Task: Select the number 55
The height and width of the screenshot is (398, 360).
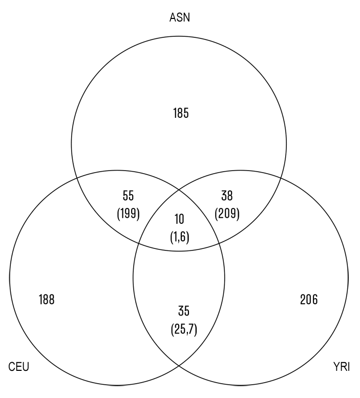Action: (x=128, y=195)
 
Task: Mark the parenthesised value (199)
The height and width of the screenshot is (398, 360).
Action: (x=128, y=214)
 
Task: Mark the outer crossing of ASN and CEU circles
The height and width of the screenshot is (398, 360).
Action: (x=77, y=177)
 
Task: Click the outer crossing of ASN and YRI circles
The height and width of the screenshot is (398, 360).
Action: (x=281, y=177)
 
